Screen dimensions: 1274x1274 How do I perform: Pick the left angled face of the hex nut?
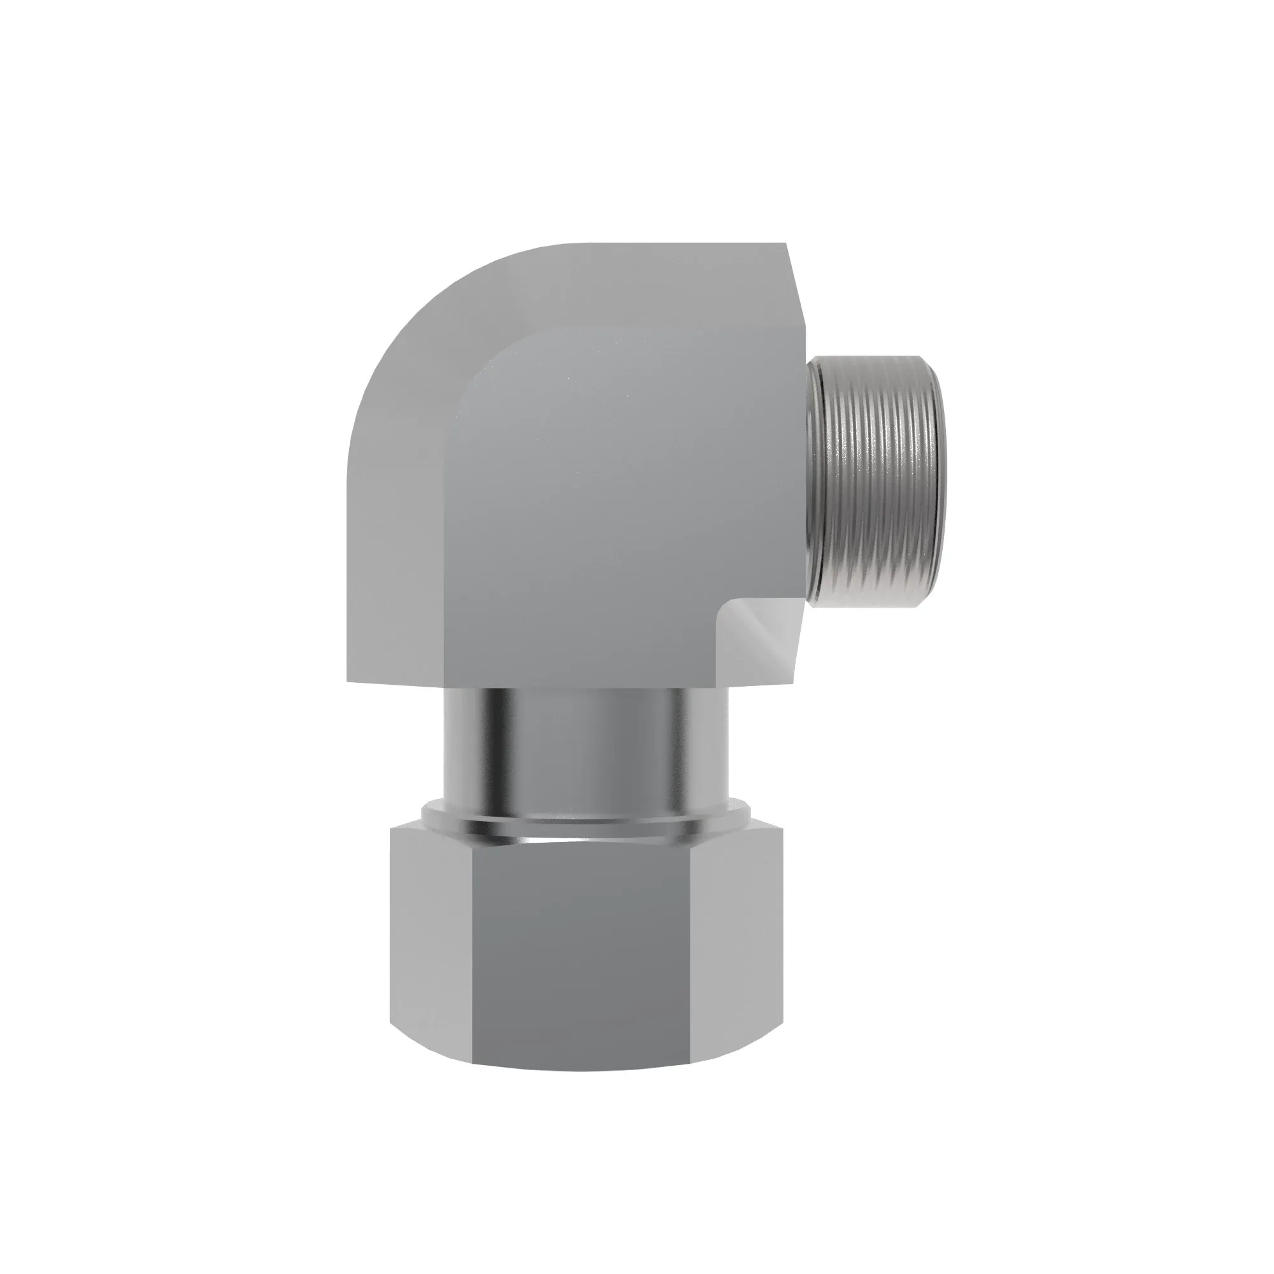point(432,936)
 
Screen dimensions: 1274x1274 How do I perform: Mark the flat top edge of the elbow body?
point(659,243)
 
